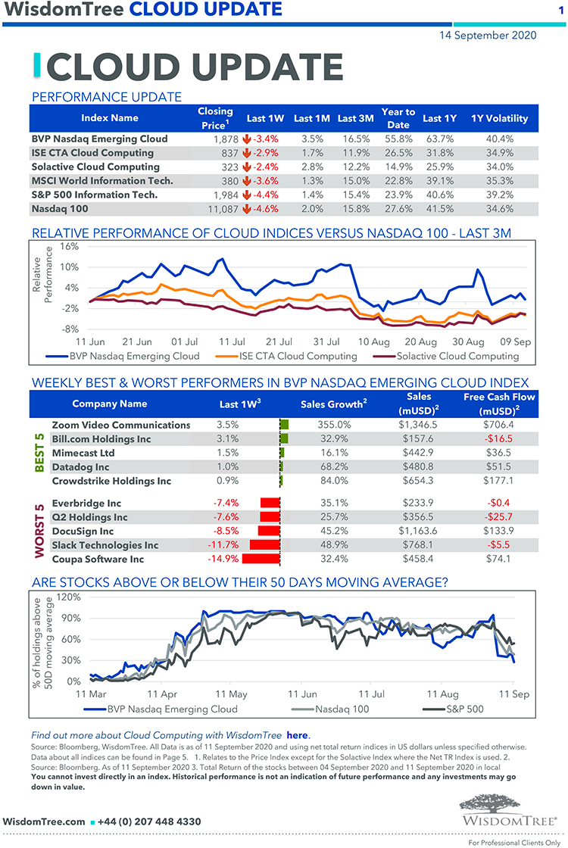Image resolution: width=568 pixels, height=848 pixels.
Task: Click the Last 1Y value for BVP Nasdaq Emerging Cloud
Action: click(x=439, y=139)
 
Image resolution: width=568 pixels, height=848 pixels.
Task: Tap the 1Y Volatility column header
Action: click(x=499, y=118)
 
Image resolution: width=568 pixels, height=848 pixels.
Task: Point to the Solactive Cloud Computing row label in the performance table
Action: click(x=85, y=167)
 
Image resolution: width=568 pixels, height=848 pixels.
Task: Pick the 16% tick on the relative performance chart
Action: click(x=69, y=247)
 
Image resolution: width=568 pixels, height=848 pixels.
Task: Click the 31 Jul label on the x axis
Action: click(x=326, y=342)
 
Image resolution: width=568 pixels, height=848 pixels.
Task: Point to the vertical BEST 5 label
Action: click(x=40, y=453)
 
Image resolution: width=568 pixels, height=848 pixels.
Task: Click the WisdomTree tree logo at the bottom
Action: click(x=508, y=809)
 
